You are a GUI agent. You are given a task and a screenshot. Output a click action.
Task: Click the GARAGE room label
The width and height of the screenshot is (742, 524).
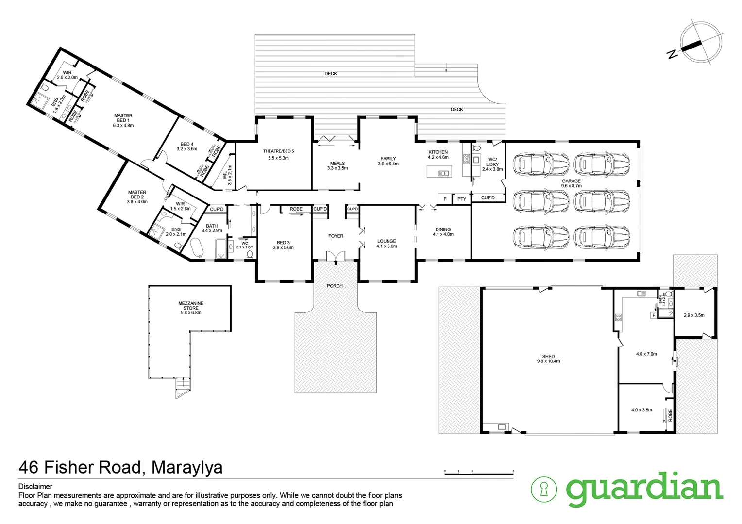pos(571,183)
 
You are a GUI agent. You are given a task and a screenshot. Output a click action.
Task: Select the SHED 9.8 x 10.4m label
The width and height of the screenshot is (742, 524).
pos(548,359)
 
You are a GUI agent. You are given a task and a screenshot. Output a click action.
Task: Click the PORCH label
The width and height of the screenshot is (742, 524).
pos(335,286)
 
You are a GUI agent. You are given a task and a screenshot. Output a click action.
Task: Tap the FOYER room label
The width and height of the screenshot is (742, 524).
pos(336,236)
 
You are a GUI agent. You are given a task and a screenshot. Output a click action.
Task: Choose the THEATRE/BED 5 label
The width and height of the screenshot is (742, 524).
pos(278,154)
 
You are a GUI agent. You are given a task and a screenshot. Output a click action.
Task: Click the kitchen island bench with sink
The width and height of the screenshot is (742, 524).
pos(439,172)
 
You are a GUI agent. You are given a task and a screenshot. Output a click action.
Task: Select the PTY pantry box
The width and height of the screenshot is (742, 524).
pos(461,199)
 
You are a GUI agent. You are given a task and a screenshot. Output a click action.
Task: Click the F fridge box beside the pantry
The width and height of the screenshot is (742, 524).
pos(445,199)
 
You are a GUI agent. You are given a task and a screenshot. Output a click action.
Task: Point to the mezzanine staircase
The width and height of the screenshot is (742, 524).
pos(182,388)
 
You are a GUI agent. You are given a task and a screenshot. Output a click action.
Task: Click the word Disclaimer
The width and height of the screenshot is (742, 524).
pos(35,486)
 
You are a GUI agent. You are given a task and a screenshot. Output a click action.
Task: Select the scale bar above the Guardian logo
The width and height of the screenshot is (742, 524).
pos(479,472)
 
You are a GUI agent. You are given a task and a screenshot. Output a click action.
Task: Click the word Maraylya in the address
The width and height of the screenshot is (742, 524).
pos(187,468)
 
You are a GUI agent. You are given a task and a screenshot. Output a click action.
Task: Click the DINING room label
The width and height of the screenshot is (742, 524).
pos(443,232)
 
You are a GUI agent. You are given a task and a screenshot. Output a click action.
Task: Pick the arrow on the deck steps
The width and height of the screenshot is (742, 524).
pos(446,69)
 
